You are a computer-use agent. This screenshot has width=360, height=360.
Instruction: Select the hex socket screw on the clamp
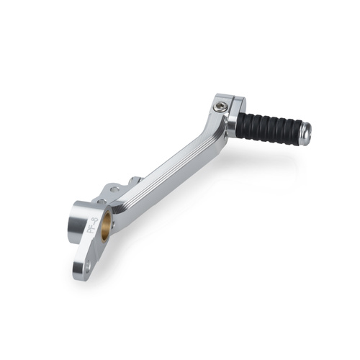pyautogui.click(x=220, y=108)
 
